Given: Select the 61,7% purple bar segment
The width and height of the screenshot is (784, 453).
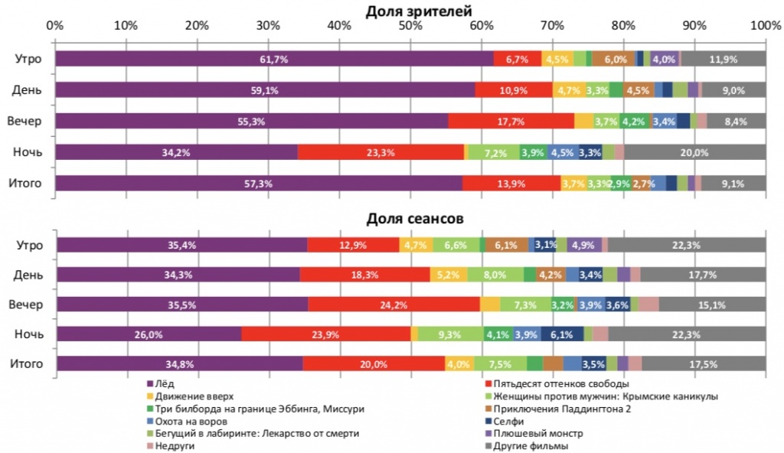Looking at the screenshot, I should tap(273, 59).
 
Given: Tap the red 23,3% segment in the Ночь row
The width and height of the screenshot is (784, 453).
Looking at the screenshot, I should tap(381, 152).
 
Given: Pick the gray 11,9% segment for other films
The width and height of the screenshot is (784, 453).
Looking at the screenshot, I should tap(723, 59).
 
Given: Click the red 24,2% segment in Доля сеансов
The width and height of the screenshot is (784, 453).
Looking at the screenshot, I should tap(394, 304).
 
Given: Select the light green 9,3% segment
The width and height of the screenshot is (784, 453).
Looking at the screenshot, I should tap(450, 334).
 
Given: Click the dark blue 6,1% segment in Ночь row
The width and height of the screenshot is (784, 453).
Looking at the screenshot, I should tap(562, 334).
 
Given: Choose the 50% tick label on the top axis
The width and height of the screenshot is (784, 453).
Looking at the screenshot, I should tap(410, 25).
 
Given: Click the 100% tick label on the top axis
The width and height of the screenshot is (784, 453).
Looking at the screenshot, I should tap(765, 25).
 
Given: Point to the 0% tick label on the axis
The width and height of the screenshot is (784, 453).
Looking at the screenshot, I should tap(55, 25).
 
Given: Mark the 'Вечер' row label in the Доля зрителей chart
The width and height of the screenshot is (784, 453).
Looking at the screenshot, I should tap(24, 121).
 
